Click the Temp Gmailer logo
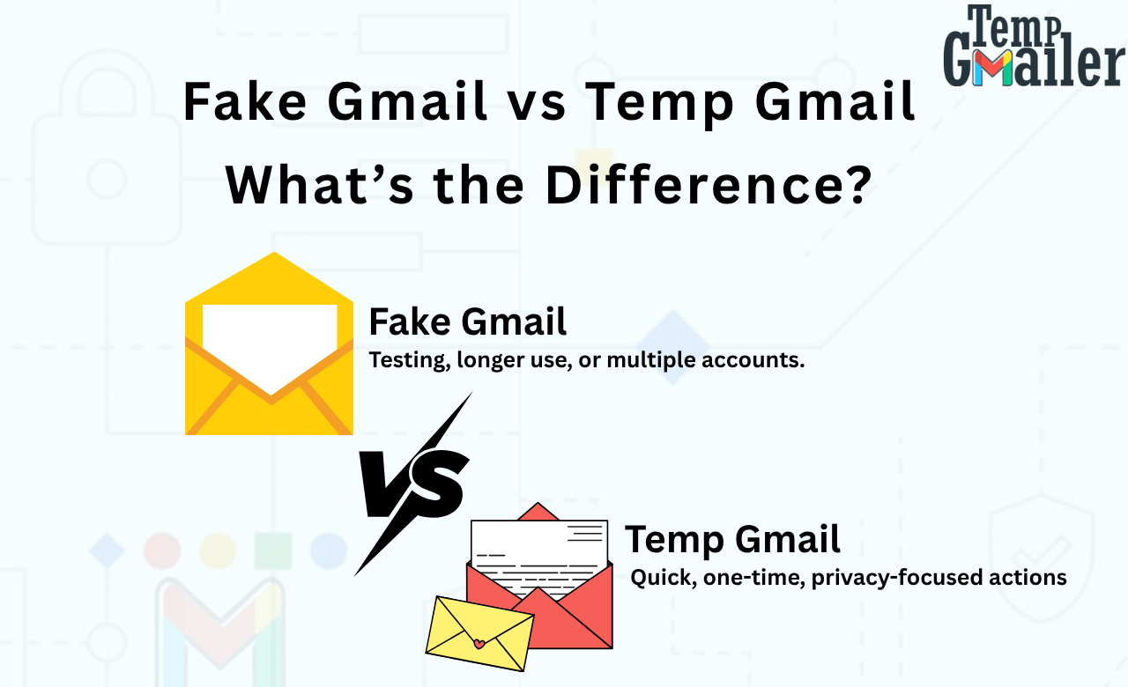tap(1033, 48)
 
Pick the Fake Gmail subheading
tap(467, 322)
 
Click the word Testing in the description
tap(406, 361)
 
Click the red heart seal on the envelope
tap(479, 644)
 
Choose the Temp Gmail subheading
tap(732, 539)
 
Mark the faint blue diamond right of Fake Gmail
tap(673, 347)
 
